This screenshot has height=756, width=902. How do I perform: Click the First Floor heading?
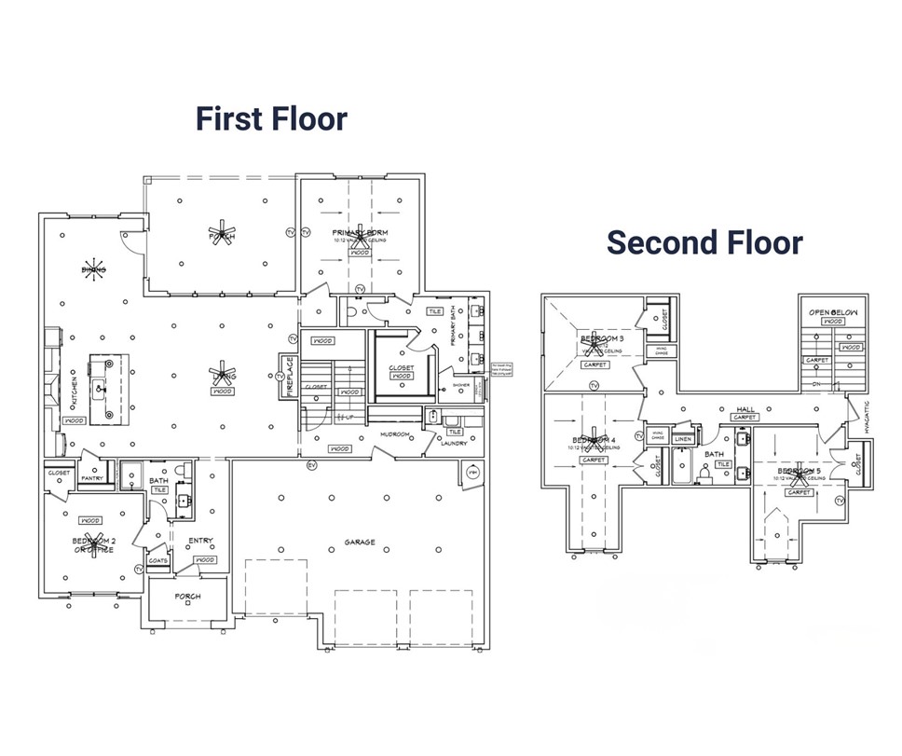[x=270, y=119]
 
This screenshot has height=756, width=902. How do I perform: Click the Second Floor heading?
[x=704, y=242]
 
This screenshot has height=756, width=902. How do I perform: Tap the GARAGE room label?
[x=359, y=542]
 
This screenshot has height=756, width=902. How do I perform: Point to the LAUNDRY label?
[x=454, y=444]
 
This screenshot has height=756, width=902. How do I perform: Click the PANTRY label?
[x=91, y=478]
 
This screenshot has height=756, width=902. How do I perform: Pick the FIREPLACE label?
[x=287, y=376]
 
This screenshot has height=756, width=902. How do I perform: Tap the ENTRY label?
[x=200, y=540]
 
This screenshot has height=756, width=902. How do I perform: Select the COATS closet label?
[x=157, y=560]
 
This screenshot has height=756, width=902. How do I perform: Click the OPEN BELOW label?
[x=832, y=312]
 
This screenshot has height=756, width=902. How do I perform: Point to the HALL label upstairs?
[x=745, y=408]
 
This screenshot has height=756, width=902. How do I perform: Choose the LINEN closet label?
[x=683, y=439]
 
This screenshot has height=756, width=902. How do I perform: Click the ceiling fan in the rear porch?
[x=222, y=232]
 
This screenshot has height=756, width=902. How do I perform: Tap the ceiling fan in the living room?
[x=222, y=375]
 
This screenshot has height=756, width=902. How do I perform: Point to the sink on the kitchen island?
[x=100, y=381]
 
